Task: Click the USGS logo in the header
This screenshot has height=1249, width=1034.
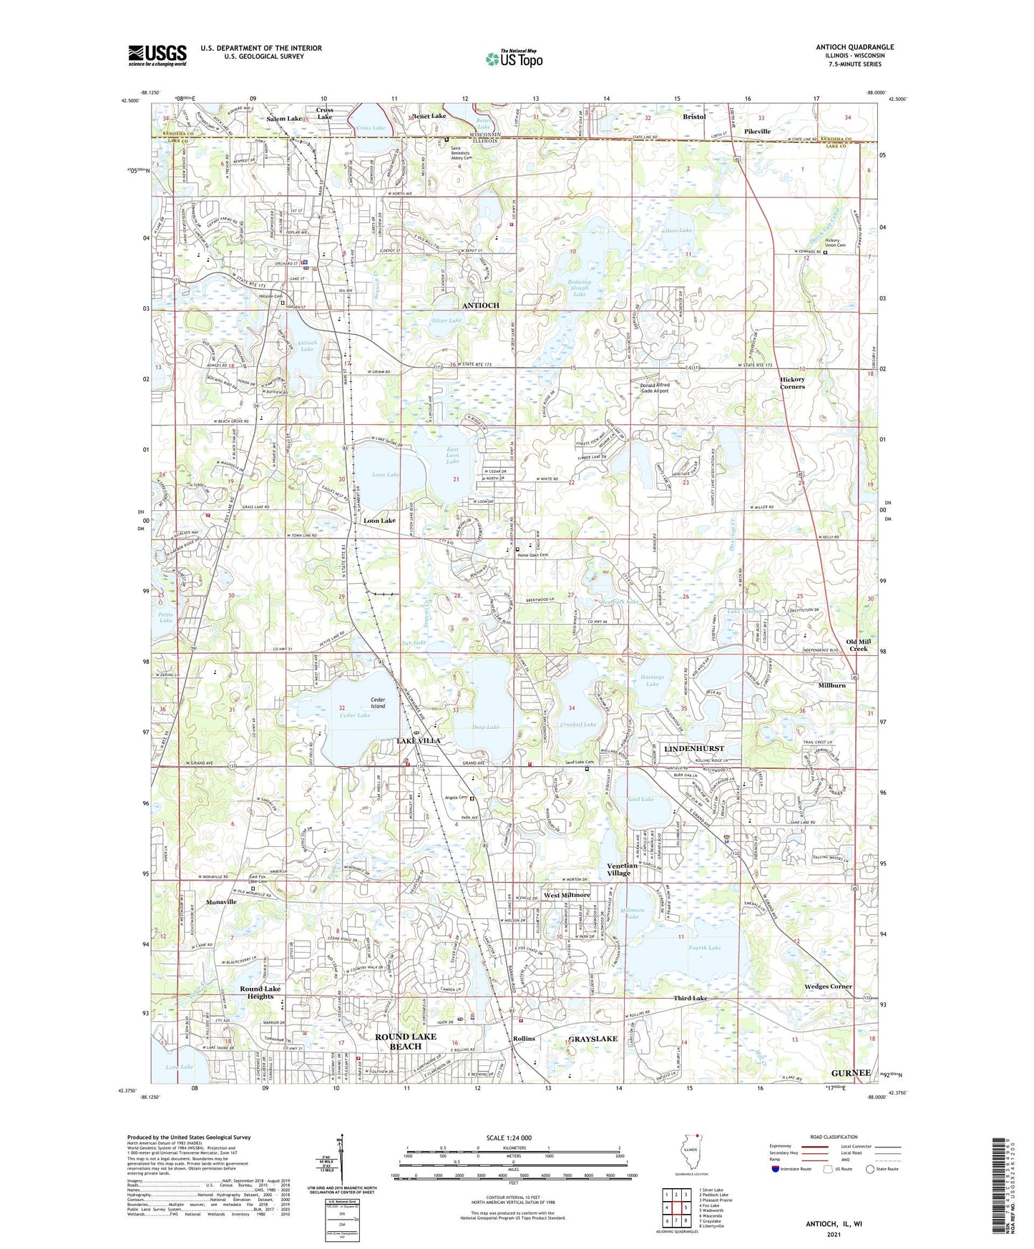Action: [x=157, y=55]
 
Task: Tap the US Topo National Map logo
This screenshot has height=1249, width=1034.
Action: [x=514, y=59]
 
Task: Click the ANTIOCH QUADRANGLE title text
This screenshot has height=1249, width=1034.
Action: [x=854, y=47]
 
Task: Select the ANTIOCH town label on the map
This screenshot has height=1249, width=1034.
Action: [x=480, y=305]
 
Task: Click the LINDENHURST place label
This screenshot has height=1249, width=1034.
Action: [x=694, y=748]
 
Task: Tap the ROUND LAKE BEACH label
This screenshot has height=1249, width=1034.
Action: [x=405, y=1041]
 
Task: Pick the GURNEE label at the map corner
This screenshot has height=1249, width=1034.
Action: [x=851, y=1073]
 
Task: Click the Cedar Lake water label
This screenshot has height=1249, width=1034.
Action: [x=354, y=715]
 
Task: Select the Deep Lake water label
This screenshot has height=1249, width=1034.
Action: [x=485, y=727]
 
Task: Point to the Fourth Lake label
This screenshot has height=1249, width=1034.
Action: [x=705, y=948]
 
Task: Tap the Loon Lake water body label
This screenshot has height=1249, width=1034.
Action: [x=386, y=475]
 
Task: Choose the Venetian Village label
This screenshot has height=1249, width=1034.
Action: [x=619, y=869]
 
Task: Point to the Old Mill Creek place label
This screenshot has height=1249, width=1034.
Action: [x=858, y=645]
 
